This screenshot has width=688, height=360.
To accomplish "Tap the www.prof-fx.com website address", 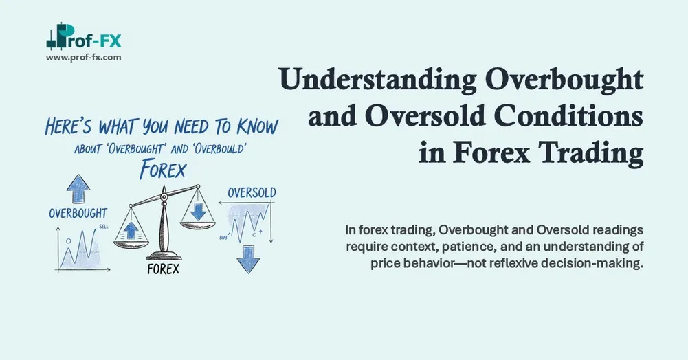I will click(84, 58).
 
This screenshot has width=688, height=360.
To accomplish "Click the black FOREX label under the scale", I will click(163, 269).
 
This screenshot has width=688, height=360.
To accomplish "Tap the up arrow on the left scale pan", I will click(133, 227).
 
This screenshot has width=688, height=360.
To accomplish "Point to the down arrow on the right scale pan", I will click(198, 211).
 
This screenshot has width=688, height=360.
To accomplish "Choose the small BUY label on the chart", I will click(223, 238).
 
